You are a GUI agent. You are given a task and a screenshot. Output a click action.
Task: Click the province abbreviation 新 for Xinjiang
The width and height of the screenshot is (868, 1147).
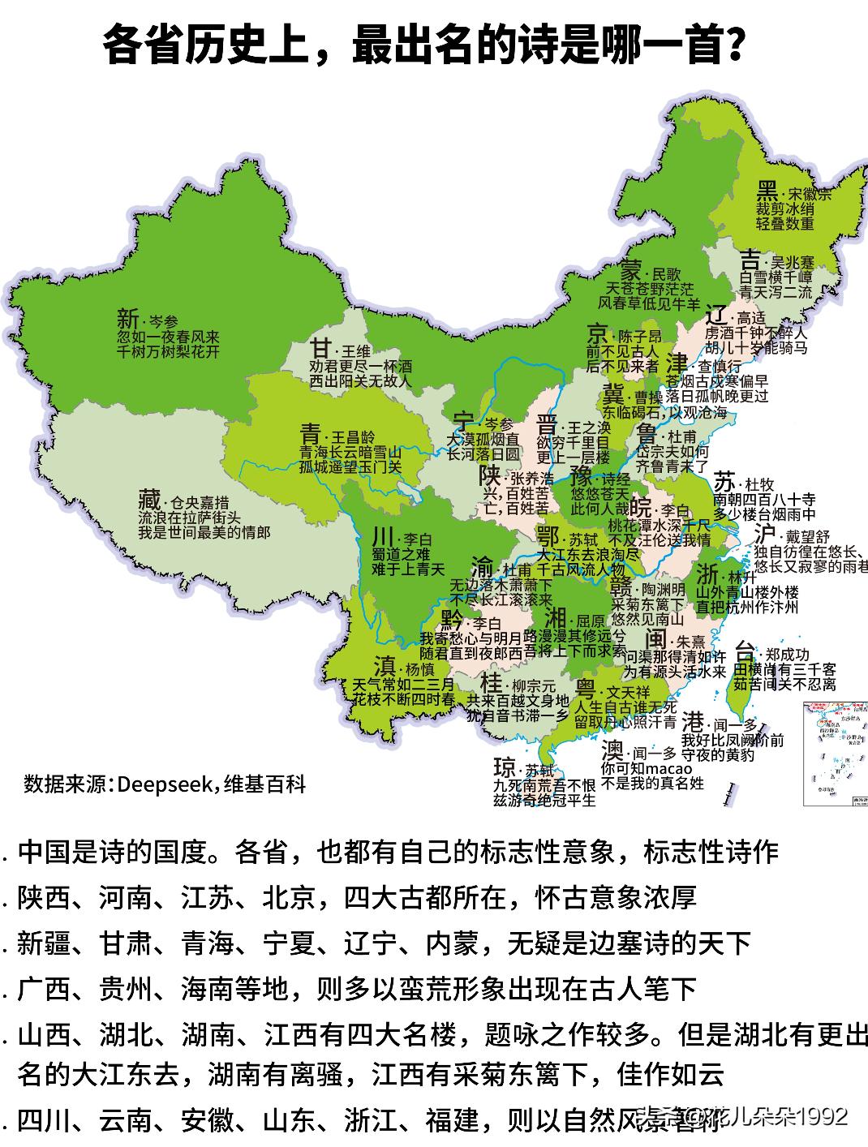(127, 318)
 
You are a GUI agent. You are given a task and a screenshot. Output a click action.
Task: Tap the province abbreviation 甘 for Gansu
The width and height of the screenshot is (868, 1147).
(321, 349)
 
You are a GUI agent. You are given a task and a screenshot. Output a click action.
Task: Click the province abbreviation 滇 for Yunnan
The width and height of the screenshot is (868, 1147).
(385, 667)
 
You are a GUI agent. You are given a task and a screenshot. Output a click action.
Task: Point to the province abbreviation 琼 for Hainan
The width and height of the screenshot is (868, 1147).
(505, 767)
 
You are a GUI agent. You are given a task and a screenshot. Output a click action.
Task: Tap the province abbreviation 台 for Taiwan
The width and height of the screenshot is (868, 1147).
(745, 651)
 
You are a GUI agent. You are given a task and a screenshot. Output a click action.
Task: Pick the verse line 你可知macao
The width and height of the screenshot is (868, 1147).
(647, 768)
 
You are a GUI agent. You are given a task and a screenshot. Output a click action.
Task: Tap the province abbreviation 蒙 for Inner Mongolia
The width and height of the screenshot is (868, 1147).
(630, 271)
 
